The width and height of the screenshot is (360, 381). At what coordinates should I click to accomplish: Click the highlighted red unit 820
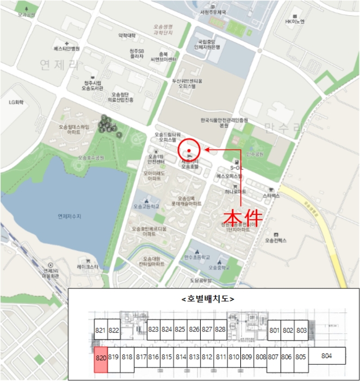tap(100, 357)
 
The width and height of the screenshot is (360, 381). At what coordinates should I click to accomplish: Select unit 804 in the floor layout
tap(326, 356)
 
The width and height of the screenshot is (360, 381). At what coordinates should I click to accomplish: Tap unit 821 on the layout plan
tap(100, 330)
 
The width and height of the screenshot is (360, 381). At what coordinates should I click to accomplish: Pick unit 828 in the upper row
tap(220, 329)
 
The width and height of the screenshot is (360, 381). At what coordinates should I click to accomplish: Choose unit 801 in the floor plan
tap(274, 330)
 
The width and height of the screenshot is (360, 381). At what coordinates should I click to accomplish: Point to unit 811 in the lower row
tap(221, 357)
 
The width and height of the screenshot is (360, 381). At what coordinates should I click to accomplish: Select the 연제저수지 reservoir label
tap(69, 216)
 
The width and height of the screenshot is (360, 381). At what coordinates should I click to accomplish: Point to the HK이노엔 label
tap(296, 22)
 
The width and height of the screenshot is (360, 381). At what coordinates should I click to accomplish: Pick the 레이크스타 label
tap(87, 267)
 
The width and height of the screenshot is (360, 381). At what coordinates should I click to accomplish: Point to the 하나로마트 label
tap(235, 192)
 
